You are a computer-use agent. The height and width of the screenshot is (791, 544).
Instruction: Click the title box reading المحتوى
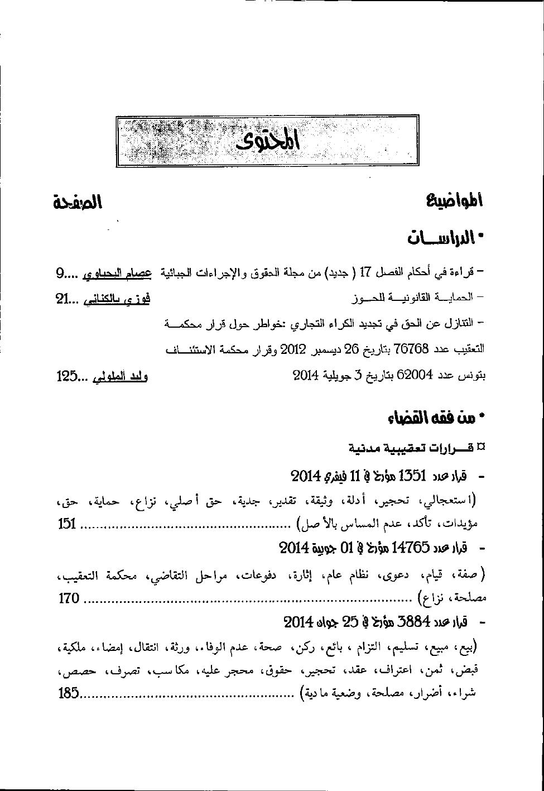tap(268, 142)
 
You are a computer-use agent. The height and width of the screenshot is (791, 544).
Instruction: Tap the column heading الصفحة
tap(78, 202)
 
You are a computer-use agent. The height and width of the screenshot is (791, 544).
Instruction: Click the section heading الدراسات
tap(444, 238)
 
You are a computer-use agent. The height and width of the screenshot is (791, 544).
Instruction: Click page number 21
tap(62, 300)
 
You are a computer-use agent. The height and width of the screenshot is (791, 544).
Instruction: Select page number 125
tap(66, 376)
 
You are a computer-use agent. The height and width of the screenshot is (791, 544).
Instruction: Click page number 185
tap(69, 694)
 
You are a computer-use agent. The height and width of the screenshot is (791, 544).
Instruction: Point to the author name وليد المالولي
tap(119, 376)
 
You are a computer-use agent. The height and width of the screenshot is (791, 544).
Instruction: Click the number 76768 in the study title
tap(411, 349)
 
